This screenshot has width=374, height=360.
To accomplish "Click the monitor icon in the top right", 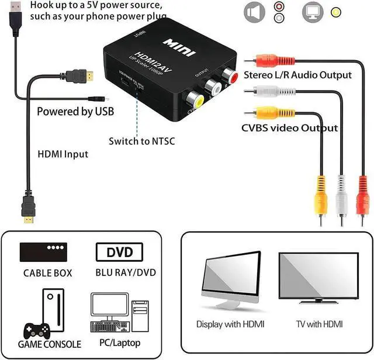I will coord(311,12).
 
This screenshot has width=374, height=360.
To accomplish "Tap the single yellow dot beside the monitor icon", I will coord(337,12).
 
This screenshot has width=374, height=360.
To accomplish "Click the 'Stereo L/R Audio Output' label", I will coord(306,75).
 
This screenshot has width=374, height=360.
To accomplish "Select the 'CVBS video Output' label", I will coord(290,127).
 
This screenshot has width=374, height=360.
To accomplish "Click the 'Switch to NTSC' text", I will coord(141,141).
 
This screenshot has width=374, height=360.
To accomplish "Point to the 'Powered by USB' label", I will coord(75,111).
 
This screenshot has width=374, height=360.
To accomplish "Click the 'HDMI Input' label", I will coord(63,154).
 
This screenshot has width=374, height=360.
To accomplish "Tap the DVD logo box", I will coord(119,252).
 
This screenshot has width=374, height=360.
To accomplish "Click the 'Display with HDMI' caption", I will coord(230,324).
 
